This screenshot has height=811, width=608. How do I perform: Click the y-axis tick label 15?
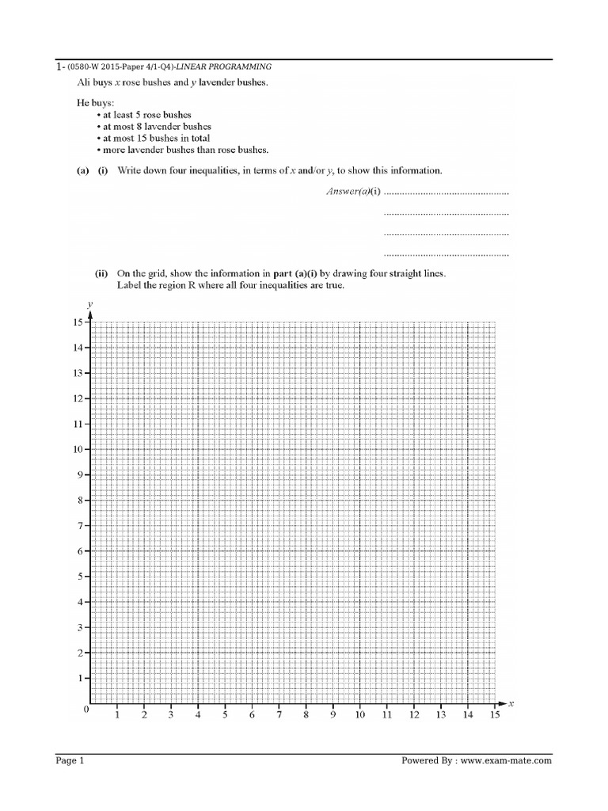tap(77, 322)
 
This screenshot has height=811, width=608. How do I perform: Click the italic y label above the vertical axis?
tap(91, 304)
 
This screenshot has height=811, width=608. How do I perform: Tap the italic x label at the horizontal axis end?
tap(511, 703)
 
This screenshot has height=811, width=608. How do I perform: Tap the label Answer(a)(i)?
tap(353, 192)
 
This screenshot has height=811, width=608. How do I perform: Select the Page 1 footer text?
tap(70, 761)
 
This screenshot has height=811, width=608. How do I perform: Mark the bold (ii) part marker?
tap(101, 273)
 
